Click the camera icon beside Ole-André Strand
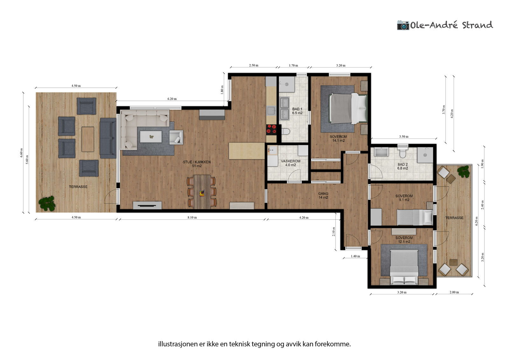(x=403, y=25)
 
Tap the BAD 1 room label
(x=297, y=111)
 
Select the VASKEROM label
(x=291, y=161)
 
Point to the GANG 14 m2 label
(x=323, y=195)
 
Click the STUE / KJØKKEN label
(x=197, y=162)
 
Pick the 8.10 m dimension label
(x=192, y=217)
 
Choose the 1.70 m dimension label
(x=293, y=66)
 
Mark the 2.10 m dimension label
(x=334, y=231)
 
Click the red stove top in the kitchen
(x=271, y=129)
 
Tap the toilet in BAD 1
(x=286, y=131)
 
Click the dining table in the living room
(x=202, y=192)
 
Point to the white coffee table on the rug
(x=151, y=137)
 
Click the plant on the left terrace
(x=47, y=203)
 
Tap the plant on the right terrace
(x=464, y=171)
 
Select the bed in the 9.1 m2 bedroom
(x=415, y=217)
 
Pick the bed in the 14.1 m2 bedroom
(x=348, y=109)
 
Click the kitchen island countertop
(x=247, y=151)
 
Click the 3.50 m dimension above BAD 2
(x=404, y=137)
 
